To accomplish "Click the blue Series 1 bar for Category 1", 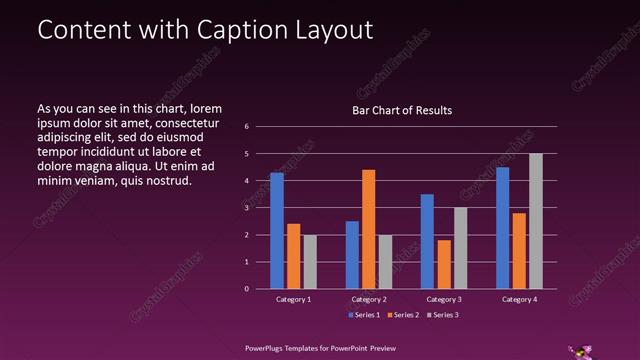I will [277, 230].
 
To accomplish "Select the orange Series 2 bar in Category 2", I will [369, 229].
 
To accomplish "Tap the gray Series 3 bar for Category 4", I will [536, 221].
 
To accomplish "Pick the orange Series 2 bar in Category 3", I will [444, 264].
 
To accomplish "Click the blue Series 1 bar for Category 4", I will [502, 228].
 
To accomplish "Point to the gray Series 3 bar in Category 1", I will [310, 262].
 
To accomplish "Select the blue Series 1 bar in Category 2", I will [352, 255].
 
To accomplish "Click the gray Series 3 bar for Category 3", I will [460, 248].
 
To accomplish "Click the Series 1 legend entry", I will [364, 315].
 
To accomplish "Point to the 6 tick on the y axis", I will [247, 127].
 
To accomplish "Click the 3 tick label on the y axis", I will [247, 208].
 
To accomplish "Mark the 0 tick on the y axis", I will [247, 289].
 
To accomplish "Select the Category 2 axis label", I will [369, 299].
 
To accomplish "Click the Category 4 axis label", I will [519, 299].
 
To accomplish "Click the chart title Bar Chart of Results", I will [402, 110].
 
